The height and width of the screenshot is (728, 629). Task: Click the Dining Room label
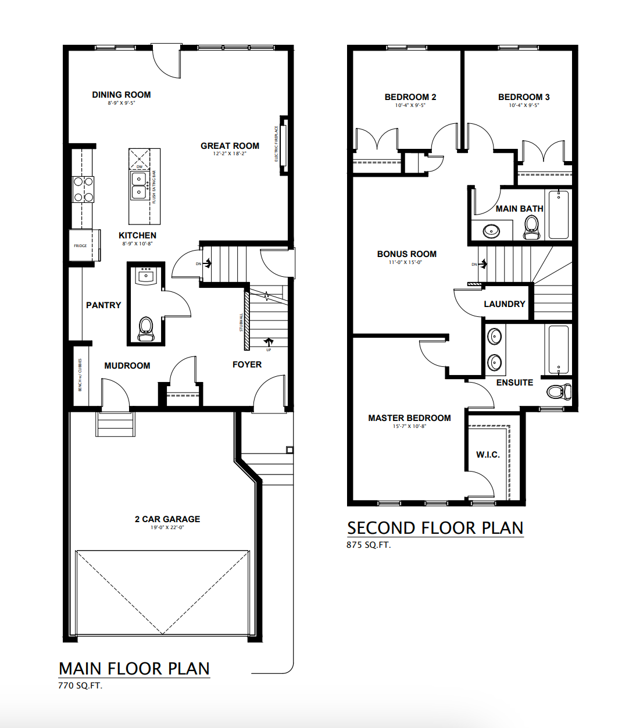(x=121, y=95)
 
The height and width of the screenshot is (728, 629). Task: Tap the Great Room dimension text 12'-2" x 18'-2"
(x=230, y=154)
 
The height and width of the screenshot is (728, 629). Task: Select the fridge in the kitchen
(x=82, y=245)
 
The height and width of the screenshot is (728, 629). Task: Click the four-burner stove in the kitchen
(x=83, y=190)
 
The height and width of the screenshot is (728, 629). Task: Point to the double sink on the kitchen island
(x=139, y=185)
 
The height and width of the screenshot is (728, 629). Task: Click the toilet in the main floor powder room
(x=145, y=329)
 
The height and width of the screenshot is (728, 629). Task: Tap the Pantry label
(x=103, y=305)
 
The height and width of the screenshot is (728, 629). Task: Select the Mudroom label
(x=127, y=366)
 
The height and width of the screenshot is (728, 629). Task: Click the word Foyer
(x=247, y=365)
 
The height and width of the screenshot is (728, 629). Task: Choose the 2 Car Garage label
(x=167, y=519)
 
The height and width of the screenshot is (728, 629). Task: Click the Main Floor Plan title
(x=134, y=669)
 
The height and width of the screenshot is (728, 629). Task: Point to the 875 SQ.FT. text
(x=369, y=545)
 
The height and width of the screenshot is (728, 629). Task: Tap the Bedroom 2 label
(x=410, y=97)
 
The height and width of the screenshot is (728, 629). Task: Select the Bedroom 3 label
(x=524, y=97)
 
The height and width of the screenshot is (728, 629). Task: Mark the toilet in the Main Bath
(x=531, y=227)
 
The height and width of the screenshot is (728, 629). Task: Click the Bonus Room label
(x=406, y=254)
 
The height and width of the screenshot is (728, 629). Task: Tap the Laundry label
(x=504, y=304)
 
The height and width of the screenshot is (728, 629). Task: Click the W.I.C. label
(x=488, y=455)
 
